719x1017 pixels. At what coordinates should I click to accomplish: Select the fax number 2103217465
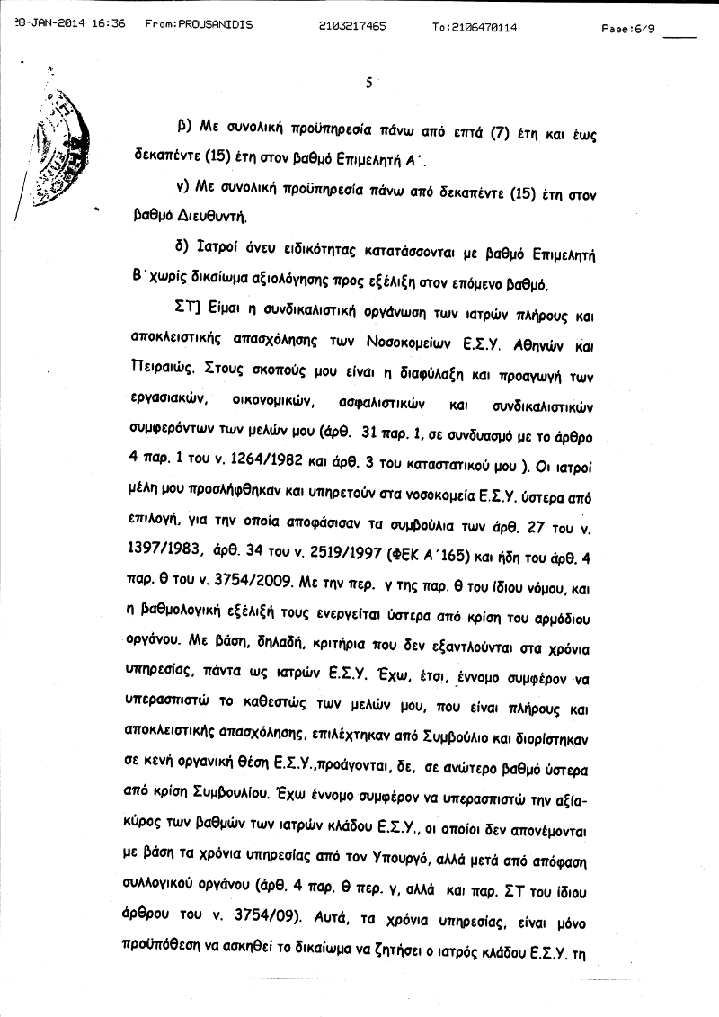pyautogui.click(x=353, y=27)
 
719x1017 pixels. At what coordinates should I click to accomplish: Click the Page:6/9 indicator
pyautogui.click(x=628, y=28)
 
